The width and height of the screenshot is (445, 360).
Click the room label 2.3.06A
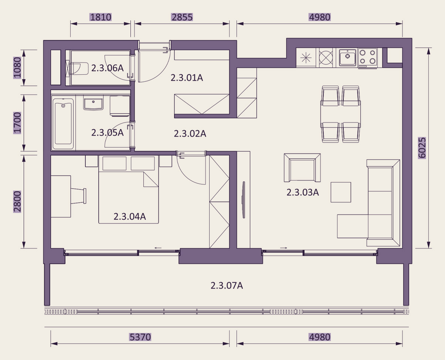[108, 68]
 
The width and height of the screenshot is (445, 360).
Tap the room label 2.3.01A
[187, 78]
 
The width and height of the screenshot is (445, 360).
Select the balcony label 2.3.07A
[227, 285]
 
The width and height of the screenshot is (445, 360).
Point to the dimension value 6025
[422, 148]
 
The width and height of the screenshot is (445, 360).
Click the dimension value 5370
[140, 337]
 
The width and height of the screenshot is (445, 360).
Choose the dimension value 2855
[182, 17]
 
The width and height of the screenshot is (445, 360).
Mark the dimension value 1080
[17, 68]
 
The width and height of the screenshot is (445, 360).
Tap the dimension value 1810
[101, 17]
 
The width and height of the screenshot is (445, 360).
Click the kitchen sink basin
[347, 57]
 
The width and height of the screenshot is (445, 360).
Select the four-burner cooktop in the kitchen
[367, 57]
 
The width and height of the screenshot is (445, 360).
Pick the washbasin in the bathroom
[93, 102]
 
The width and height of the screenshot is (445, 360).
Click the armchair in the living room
[302, 168]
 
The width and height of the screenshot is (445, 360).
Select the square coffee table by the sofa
[341, 192]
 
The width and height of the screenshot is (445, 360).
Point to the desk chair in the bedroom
[79, 196]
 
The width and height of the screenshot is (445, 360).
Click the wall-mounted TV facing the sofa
[244, 200]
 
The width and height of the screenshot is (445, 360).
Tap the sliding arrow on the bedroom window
[158, 248]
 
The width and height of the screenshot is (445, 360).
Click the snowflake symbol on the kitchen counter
[306, 57]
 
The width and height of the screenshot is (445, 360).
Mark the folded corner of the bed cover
[151, 179]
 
